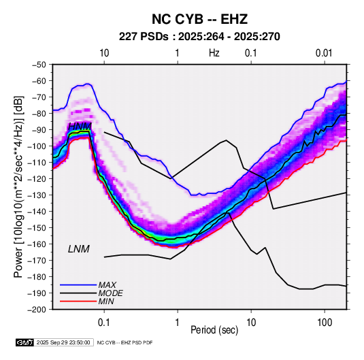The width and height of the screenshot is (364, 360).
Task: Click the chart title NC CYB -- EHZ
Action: pos(199,19)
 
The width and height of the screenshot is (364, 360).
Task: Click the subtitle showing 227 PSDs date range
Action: pos(199,37)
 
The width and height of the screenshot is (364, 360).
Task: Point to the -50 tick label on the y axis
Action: pos(39,65)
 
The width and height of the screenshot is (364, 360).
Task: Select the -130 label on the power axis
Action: pos(37,195)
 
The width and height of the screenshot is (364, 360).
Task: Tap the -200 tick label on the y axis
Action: pos(37,310)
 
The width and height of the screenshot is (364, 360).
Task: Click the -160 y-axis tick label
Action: pos(37,244)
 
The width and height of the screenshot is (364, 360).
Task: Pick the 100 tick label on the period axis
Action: pos(325,323)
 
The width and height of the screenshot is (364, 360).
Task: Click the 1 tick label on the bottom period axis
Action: pos(178,323)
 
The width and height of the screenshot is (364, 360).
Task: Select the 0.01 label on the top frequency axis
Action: pos(324,53)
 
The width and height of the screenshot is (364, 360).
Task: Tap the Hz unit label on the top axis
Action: pos(214,53)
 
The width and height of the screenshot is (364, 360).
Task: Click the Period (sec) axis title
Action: pos(214,330)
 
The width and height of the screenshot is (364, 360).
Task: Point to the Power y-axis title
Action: pos(18,186)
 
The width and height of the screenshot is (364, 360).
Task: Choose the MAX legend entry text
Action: pos(107,284)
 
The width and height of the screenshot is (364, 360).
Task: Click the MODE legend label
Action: pos(110,293)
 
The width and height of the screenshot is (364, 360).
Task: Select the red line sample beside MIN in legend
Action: pos(78,301)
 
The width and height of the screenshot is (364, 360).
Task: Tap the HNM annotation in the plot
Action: pos(80,127)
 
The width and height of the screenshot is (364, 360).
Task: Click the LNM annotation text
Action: pos(79,249)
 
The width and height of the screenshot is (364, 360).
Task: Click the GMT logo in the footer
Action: pos(24,342)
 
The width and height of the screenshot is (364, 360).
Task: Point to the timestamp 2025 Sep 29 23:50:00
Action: pos(63,342)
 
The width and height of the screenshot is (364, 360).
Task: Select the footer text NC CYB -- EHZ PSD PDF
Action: pos(125,342)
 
